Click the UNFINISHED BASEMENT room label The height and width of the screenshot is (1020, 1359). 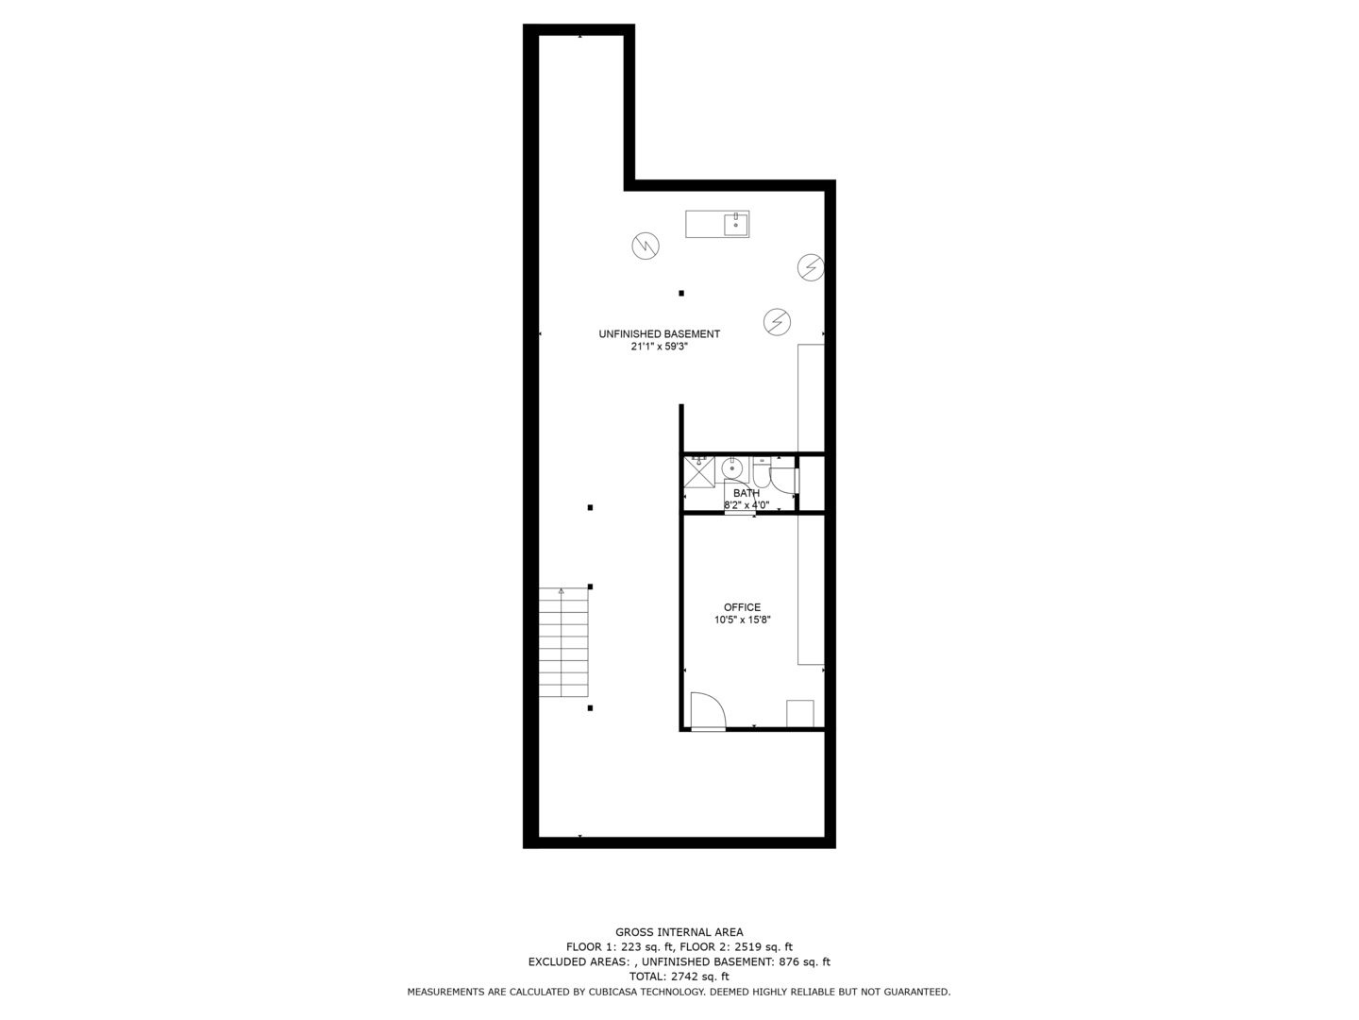(x=659, y=333)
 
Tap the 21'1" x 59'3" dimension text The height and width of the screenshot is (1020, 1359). (x=659, y=347)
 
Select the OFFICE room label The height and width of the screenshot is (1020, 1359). (x=742, y=607)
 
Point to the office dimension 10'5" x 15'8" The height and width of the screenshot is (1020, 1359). (x=742, y=620)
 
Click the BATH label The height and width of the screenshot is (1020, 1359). (x=746, y=493)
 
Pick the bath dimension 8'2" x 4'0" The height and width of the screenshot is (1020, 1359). (x=746, y=505)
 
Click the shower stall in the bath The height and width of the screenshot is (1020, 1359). (x=699, y=471)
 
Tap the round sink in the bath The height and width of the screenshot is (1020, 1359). (x=732, y=468)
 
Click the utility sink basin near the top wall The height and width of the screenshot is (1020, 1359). (x=736, y=224)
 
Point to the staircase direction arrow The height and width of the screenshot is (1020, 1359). (x=562, y=592)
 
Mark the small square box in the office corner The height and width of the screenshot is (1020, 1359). (x=800, y=713)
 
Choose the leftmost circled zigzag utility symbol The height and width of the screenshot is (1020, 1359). (x=646, y=246)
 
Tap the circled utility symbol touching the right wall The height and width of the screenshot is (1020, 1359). (x=811, y=267)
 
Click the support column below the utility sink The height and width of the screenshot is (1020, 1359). (x=680, y=293)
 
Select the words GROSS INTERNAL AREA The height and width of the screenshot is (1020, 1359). (x=679, y=932)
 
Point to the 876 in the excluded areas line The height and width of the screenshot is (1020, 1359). (x=789, y=962)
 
